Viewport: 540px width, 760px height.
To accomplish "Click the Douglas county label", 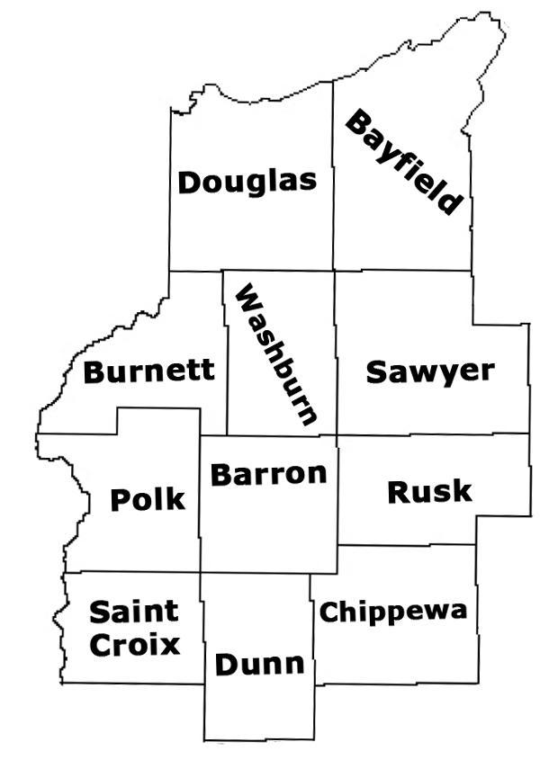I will (x=247, y=181).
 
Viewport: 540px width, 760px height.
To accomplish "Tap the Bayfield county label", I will (x=405, y=163).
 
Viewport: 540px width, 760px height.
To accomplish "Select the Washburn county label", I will (x=275, y=355).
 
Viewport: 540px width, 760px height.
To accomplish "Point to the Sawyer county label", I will (x=430, y=371).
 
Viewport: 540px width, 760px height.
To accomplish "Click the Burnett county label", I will (x=148, y=370).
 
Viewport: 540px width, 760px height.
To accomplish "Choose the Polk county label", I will (x=148, y=499).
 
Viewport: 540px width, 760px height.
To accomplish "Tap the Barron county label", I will (x=268, y=473).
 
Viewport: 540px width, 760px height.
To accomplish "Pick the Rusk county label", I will (x=428, y=491).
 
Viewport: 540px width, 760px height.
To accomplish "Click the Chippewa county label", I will (x=393, y=612).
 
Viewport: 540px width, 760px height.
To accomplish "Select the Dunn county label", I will (x=259, y=666).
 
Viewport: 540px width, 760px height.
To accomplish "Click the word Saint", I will (x=134, y=613).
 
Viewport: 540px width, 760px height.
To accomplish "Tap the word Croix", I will (x=134, y=644).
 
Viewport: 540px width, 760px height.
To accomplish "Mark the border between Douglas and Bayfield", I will (x=333, y=180).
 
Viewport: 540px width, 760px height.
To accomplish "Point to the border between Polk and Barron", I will (x=200, y=504).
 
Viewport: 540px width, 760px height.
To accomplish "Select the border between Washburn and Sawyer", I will (x=337, y=360).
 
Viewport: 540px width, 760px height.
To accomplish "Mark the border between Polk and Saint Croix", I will (x=135, y=571).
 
